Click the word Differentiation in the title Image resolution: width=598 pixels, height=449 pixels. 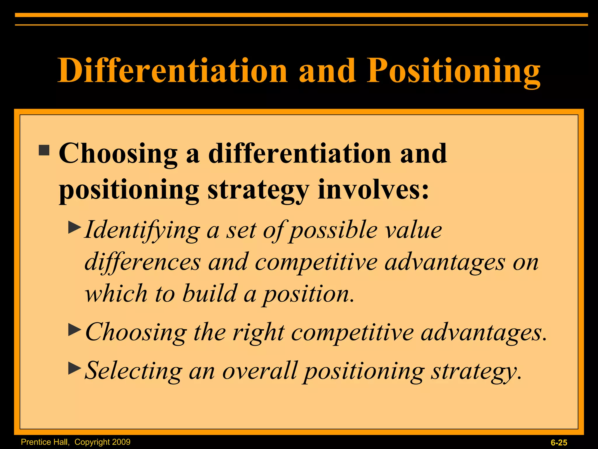(x=172, y=71)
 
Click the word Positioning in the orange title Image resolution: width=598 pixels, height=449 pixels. (x=453, y=71)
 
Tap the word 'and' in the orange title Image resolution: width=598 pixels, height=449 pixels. (x=327, y=71)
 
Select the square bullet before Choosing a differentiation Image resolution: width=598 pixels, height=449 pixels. (x=44, y=150)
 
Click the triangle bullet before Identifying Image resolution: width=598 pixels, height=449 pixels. (x=74, y=227)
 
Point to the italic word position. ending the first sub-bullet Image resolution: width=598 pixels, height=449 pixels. (x=308, y=294)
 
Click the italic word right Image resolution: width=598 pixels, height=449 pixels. (x=258, y=333)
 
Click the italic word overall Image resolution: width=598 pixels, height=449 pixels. (x=260, y=371)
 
